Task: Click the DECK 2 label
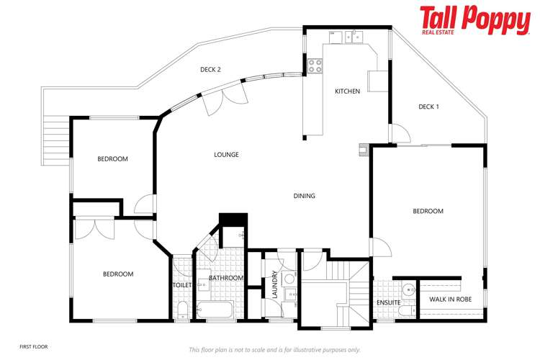click(x=210, y=70)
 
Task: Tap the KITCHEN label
click(x=347, y=91)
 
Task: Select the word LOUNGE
click(x=226, y=155)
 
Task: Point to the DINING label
click(x=304, y=196)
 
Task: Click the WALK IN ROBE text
click(x=450, y=298)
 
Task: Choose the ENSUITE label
click(x=388, y=302)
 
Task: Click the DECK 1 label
click(x=428, y=107)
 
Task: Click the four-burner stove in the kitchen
click(x=315, y=66)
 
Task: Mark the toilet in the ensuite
click(x=408, y=311)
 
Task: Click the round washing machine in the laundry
click(x=288, y=279)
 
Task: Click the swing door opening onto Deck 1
click(x=400, y=133)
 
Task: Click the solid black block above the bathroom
click(x=233, y=220)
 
